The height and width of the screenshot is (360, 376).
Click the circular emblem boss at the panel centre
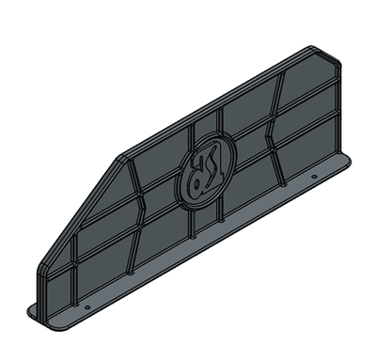click(200, 171)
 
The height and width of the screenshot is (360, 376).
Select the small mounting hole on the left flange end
click(87, 306)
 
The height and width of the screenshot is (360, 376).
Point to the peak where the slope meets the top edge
click(122, 156)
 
